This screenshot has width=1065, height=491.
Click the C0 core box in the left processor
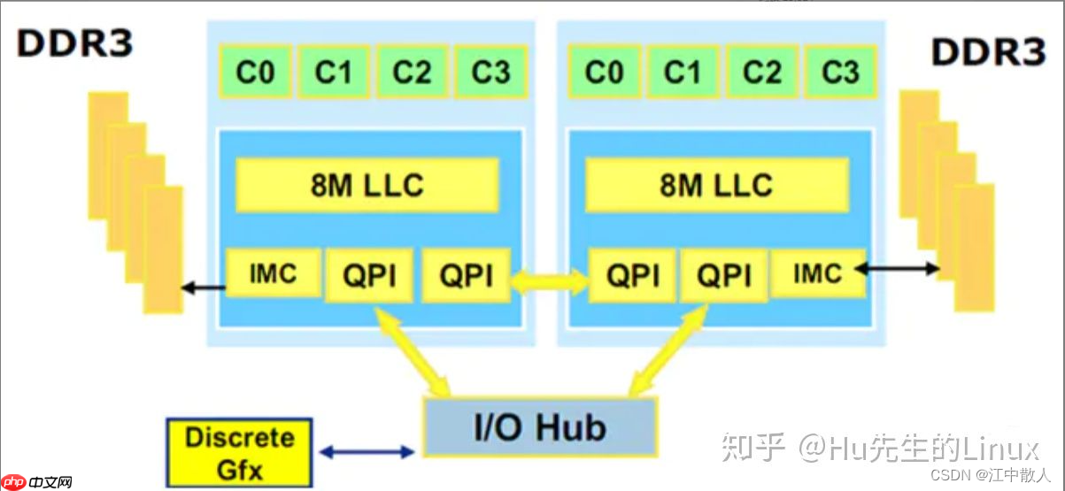click(x=255, y=72)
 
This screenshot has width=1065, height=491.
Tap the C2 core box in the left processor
click(x=412, y=72)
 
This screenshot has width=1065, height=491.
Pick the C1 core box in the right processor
click(x=682, y=72)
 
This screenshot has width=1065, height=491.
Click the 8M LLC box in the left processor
click(x=367, y=185)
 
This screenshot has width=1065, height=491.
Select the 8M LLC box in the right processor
click(x=716, y=185)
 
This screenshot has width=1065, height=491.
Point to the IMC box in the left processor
click(x=272, y=273)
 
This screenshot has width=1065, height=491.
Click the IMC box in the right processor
click(x=816, y=273)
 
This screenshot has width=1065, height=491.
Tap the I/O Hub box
click(x=540, y=427)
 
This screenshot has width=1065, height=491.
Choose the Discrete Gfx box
click(x=238, y=453)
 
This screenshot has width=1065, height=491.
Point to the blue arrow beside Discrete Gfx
click(x=367, y=452)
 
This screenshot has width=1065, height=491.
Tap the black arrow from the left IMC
click(x=203, y=287)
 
